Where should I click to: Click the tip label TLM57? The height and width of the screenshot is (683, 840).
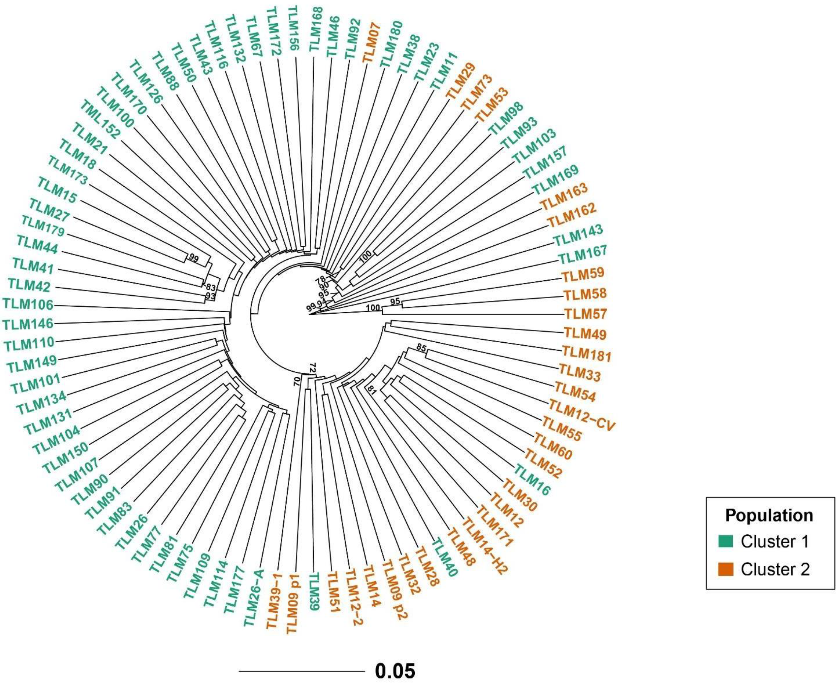coord(586,314)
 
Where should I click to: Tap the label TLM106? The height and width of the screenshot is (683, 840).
coord(28,304)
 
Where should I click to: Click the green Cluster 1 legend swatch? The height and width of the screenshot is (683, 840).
coord(725,542)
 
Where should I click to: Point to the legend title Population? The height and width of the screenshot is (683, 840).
coord(769,515)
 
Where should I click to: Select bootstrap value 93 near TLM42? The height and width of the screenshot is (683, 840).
coord(210,297)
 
